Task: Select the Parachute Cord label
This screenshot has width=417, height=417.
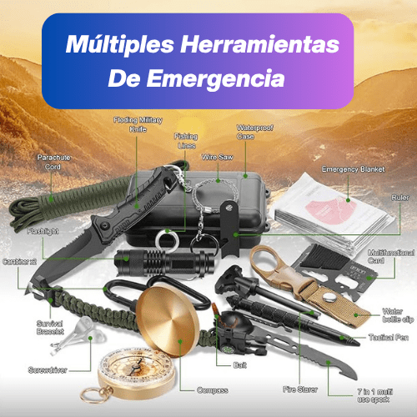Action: click(x=53, y=162)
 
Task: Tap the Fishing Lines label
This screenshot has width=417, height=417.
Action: click(x=186, y=140)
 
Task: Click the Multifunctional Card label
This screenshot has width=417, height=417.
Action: click(x=389, y=254)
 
